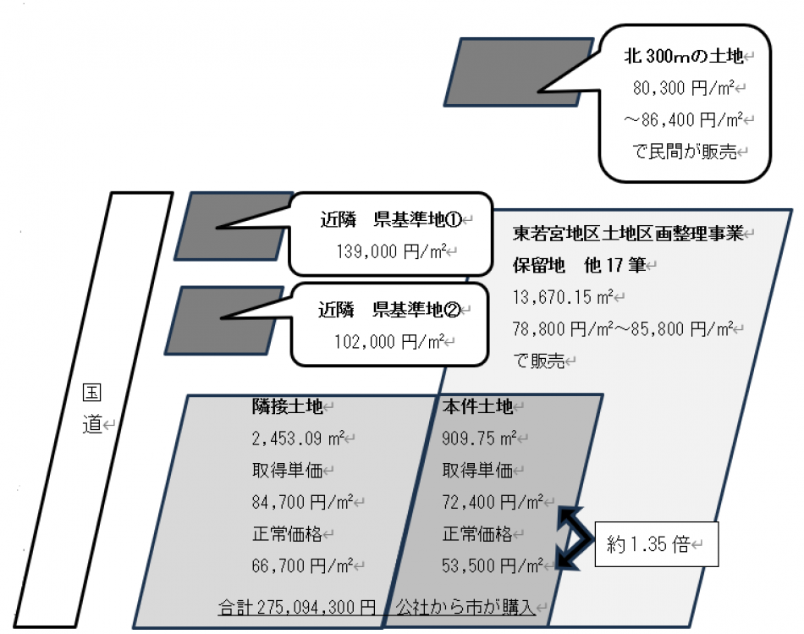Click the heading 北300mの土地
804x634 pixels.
(683, 57)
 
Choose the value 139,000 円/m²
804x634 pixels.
(389, 251)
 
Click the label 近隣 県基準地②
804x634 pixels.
(388, 310)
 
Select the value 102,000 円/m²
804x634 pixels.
(388, 341)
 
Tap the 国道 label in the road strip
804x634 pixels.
(92, 409)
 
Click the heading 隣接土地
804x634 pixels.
(288, 407)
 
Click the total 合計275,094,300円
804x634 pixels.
(297, 607)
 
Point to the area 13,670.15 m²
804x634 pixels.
(563, 297)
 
